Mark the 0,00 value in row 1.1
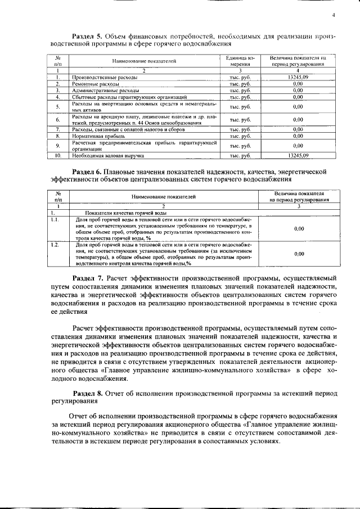pyautogui.click(x=299, y=229)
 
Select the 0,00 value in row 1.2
pyautogui.click(x=299, y=254)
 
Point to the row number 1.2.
pyautogui.click(x=55, y=246)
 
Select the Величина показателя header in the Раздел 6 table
pyautogui.click(x=299, y=196)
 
